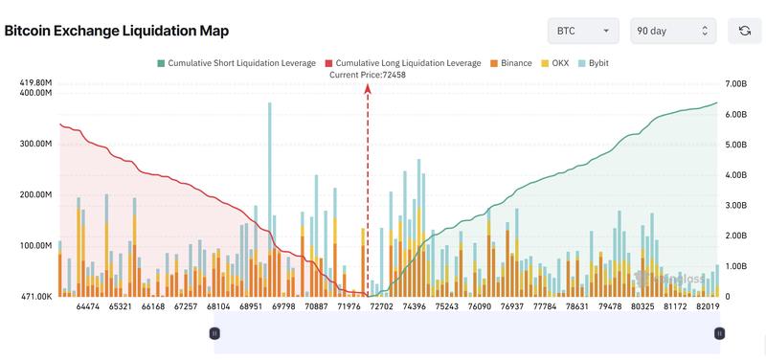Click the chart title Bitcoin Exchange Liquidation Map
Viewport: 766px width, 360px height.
pyautogui.click(x=116, y=31)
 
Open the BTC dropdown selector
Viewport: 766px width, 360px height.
pyautogui.click(x=583, y=31)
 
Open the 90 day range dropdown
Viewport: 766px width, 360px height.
pyautogui.click(x=673, y=31)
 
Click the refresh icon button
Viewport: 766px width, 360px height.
pyautogui.click(x=744, y=31)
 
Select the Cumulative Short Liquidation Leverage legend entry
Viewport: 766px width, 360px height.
pyautogui.click(x=236, y=63)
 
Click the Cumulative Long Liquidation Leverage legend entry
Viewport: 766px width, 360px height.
pyautogui.click(x=403, y=63)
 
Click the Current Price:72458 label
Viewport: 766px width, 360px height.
pyautogui.click(x=368, y=75)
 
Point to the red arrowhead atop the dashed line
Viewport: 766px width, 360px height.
pyautogui.click(x=368, y=88)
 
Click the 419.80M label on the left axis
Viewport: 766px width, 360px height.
pyautogui.click(x=36, y=83)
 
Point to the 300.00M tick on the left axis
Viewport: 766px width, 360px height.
pyautogui.click(x=36, y=144)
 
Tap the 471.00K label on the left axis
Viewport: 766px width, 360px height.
pyautogui.click(x=36, y=297)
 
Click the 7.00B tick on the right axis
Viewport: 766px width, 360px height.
pyautogui.click(x=736, y=83)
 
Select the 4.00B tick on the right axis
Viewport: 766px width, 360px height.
pyautogui.click(x=736, y=175)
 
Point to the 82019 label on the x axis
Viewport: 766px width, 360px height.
pyautogui.click(x=710, y=307)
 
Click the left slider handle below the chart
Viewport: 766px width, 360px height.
pyautogui.click(x=214, y=333)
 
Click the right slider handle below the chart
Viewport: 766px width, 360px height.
pyautogui.click(x=718, y=333)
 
